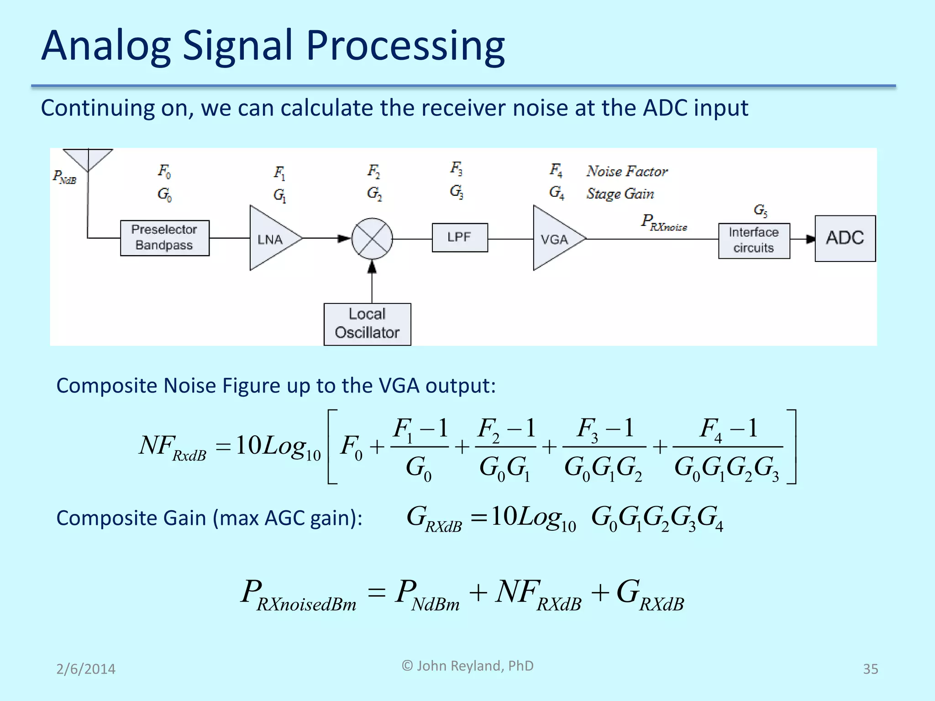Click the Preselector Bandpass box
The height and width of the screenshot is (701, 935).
(x=164, y=238)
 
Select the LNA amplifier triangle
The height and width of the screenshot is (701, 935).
(x=271, y=238)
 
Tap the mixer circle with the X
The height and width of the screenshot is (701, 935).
(x=372, y=239)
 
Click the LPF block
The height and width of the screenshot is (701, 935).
(x=459, y=237)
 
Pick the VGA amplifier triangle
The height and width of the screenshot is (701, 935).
(x=554, y=238)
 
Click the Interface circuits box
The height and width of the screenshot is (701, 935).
(x=754, y=241)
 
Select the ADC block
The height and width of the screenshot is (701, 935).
(x=845, y=238)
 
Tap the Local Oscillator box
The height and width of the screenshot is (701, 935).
(x=367, y=324)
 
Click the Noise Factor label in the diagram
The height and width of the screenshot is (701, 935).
(x=627, y=171)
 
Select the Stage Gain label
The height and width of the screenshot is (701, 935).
(x=620, y=194)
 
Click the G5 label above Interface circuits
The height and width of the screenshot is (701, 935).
(x=760, y=210)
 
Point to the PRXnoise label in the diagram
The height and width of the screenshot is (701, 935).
(x=663, y=222)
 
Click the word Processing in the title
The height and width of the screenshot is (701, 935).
(x=405, y=46)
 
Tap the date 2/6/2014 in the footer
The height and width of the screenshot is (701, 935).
(x=86, y=669)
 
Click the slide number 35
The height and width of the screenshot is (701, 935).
(x=870, y=669)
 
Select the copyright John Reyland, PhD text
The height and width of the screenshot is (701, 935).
(x=467, y=666)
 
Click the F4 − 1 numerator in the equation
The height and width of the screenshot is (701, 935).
(x=728, y=429)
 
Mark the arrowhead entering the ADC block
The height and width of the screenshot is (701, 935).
(x=810, y=239)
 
